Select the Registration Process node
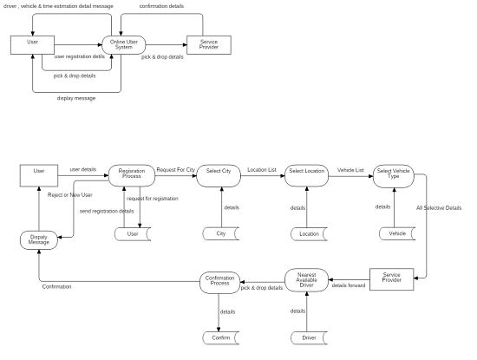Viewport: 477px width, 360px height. pyautogui.click(x=131, y=174)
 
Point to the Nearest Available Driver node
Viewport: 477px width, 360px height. pyautogui.click(x=306, y=280)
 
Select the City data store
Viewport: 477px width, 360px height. pyautogui.click(x=220, y=234)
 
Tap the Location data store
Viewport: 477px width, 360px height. pyautogui.click(x=308, y=234)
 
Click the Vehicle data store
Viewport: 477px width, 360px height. pyautogui.click(x=396, y=234)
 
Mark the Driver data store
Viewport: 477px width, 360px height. pyautogui.click(x=308, y=337)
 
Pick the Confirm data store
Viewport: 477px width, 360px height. pyautogui.click(x=220, y=337)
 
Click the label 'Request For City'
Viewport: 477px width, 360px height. pyautogui.click(x=175, y=169)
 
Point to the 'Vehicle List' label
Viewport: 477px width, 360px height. pyautogui.click(x=350, y=170)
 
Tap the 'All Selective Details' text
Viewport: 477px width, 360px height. pyautogui.click(x=439, y=209)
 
